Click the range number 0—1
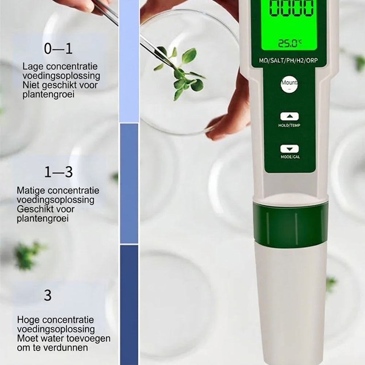tap(58, 49)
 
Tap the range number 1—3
tap(58, 172)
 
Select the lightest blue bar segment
tap(129, 61)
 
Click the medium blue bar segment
tap(129, 184)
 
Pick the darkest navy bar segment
tap(129, 305)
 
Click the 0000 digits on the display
tap(291, 8)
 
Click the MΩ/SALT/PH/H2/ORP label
tap(288, 61)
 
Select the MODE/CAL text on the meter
tap(290, 157)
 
